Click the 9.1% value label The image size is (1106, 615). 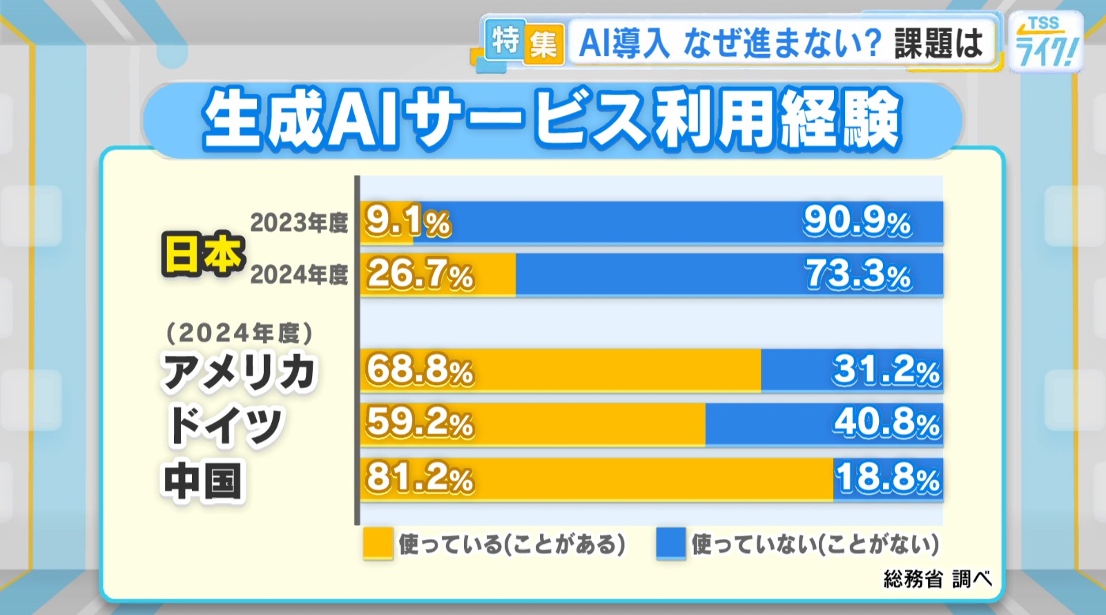pyautogui.click(x=407, y=222)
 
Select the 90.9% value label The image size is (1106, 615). pyautogui.click(x=857, y=222)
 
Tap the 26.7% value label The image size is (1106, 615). pyautogui.click(x=420, y=275)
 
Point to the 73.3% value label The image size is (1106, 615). pyautogui.click(x=858, y=275)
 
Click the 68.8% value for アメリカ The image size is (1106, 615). pyautogui.click(x=420, y=371)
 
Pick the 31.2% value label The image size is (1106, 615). pyautogui.click(x=886, y=371)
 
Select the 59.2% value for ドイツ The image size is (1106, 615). pyautogui.click(x=420, y=423)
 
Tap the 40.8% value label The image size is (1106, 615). pyautogui.click(x=886, y=423)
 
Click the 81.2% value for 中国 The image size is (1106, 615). pyautogui.click(x=420, y=478)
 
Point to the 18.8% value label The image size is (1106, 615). pyautogui.click(x=888, y=478)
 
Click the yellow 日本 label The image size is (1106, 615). pyautogui.click(x=203, y=254)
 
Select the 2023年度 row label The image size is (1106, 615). pyautogui.click(x=299, y=223)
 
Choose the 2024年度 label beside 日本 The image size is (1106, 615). pyautogui.click(x=299, y=275)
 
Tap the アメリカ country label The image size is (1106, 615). pyautogui.click(x=238, y=372)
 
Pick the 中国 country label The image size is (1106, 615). pyautogui.click(x=203, y=481)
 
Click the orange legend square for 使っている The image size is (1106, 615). pyautogui.click(x=378, y=543)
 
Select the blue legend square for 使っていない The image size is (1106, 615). pyautogui.click(x=670, y=543)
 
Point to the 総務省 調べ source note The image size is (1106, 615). pyautogui.click(x=937, y=578)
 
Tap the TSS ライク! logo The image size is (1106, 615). pyautogui.click(x=1045, y=43)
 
